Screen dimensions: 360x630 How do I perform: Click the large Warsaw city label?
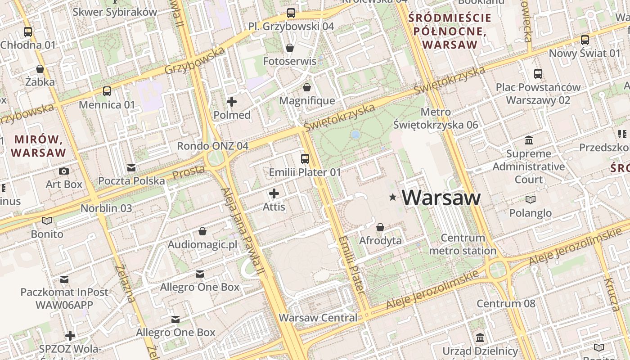[x=441, y=198]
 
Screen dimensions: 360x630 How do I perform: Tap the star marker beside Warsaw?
[x=393, y=197]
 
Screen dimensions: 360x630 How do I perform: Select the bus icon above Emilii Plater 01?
[x=305, y=158]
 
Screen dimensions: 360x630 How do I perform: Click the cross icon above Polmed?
[x=232, y=102]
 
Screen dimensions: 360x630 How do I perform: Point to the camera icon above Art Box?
[x=64, y=171]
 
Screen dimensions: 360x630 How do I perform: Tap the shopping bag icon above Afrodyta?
[x=380, y=227]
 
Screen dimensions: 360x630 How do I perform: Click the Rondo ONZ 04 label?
[x=212, y=146]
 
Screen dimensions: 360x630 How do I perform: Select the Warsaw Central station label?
[x=318, y=318]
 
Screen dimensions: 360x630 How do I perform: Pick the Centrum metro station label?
[x=463, y=244]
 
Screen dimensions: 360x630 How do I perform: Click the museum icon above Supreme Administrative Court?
[x=529, y=140]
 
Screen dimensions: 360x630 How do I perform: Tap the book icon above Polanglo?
[x=531, y=199]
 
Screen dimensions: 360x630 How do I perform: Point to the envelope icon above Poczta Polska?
[x=131, y=168]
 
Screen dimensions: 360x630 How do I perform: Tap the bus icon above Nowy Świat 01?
[x=585, y=40]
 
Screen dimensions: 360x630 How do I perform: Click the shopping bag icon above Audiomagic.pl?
[x=202, y=231]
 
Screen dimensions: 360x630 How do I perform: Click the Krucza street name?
[x=611, y=295]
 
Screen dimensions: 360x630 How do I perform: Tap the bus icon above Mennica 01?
[x=107, y=91]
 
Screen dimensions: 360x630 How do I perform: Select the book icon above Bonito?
[x=47, y=220]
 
